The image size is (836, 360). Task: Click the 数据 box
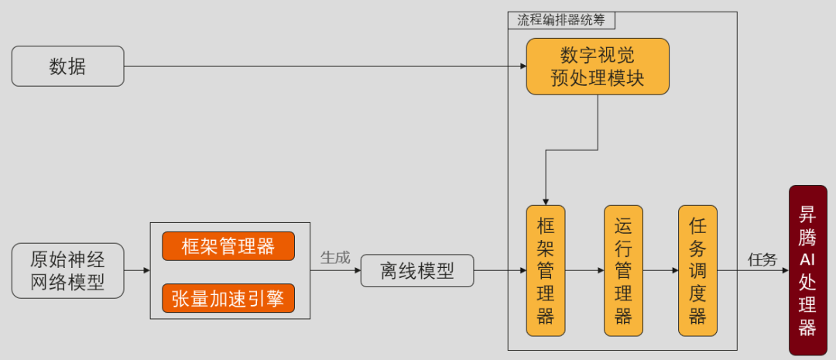67,66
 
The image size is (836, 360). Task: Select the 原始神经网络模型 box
67,270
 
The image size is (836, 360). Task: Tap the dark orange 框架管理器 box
228,246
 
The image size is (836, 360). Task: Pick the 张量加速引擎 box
228,298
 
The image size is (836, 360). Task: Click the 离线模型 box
416,271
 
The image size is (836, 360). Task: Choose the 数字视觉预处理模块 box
598,67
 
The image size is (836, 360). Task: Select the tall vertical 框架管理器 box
546,270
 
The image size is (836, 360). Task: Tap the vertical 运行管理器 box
623,270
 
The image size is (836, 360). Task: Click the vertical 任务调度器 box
697,270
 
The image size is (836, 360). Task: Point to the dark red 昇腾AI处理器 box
807,270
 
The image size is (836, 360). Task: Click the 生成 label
335,257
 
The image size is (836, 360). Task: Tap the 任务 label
762,259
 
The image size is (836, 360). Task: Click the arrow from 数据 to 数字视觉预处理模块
325,66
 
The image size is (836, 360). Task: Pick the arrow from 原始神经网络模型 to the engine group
137,270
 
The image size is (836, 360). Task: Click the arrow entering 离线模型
335,270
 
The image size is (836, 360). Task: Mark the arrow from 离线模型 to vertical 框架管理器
499,270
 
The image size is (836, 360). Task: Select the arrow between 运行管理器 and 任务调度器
660,270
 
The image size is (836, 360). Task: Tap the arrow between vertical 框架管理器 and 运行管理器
584,270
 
